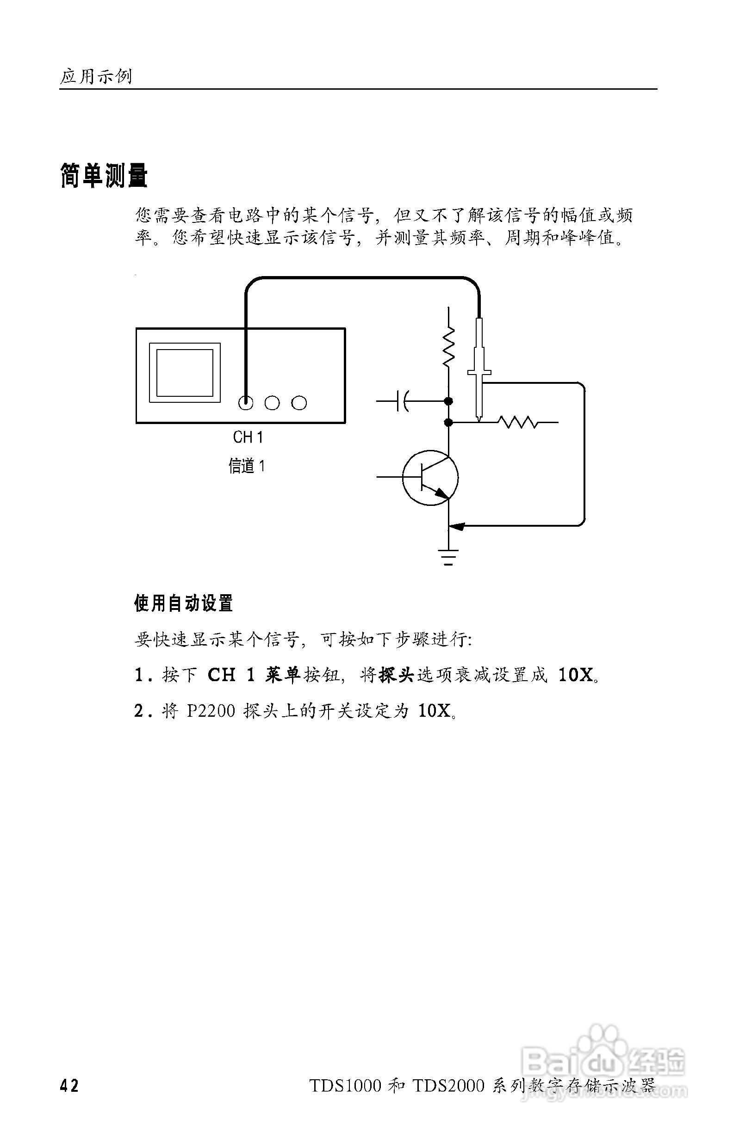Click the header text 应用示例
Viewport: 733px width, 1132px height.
click(96, 76)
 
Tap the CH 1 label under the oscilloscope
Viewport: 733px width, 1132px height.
click(248, 437)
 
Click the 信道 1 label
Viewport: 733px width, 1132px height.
click(247, 466)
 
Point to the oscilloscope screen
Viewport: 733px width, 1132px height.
click(185, 373)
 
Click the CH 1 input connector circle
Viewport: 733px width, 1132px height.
click(246, 403)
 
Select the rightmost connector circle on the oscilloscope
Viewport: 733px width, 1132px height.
click(299, 403)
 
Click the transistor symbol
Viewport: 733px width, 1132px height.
click(430, 478)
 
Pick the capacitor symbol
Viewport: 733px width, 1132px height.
click(403, 401)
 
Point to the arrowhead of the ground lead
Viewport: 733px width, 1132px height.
click(457, 526)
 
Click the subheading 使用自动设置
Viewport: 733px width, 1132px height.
click(183, 603)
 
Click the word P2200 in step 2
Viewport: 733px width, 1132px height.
click(211, 711)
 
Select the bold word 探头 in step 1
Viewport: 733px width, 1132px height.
click(396, 675)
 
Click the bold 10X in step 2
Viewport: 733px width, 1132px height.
click(434, 711)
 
